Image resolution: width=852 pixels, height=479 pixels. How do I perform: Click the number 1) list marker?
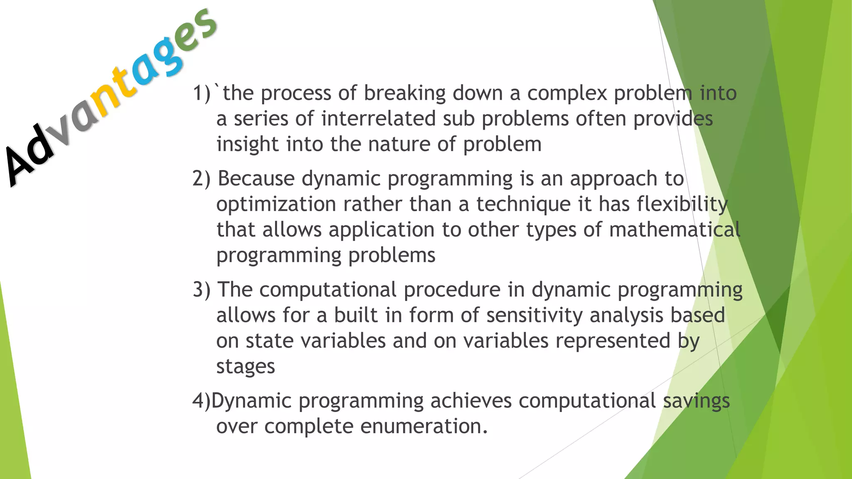202,93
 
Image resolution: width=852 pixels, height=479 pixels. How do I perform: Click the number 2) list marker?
202,179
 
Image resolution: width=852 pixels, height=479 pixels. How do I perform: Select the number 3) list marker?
202,290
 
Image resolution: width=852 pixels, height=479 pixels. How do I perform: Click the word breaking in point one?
405,93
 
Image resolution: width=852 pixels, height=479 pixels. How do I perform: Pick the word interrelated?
378,119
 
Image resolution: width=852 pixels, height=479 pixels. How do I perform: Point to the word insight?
247,145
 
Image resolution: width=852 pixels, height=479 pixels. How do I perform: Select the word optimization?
276,205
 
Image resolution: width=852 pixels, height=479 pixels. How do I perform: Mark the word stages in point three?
245,367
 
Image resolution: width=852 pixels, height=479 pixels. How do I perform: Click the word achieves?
471,401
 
